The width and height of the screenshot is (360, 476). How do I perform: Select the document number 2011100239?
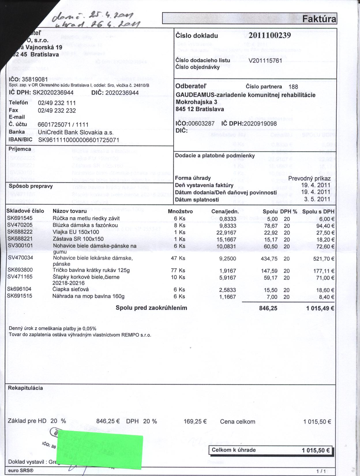tap(269, 35)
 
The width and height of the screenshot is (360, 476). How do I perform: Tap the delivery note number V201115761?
tap(265, 60)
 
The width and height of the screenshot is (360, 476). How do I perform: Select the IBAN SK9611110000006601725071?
tap(79, 140)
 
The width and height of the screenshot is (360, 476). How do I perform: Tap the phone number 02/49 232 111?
tap(57, 103)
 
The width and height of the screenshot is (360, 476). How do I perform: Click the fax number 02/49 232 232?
tap(57, 110)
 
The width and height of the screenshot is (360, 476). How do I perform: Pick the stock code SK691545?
tap(20, 218)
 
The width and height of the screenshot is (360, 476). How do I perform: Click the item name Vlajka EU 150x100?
tap(76, 232)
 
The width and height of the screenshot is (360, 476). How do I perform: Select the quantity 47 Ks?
tap(178, 258)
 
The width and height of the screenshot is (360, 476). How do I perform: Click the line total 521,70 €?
tap(324, 259)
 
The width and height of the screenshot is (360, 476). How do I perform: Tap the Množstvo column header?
tap(180, 211)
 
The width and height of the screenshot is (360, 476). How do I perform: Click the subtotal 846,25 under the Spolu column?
tap(268, 308)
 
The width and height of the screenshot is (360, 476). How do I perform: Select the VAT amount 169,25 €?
tap(195, 421)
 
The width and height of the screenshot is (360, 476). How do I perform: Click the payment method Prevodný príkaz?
tap(309, 178)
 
